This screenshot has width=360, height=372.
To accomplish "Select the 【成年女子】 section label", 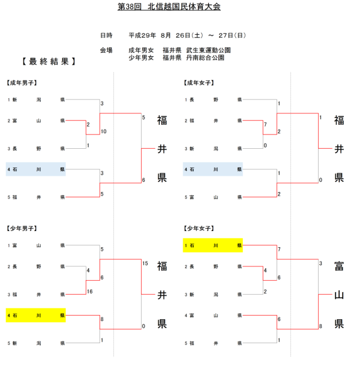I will (x=200, y=82).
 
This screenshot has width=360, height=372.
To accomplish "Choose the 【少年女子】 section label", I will (x=200, y=228).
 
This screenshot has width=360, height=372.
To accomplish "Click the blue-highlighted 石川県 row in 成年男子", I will (x=36, y=169).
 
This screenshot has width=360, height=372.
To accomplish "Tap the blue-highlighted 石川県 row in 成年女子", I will (x=213, y=169).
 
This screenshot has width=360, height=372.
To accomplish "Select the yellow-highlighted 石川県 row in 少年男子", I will (x=36, y=315).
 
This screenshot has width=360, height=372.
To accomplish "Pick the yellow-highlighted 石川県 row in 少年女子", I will (x=213, y=245).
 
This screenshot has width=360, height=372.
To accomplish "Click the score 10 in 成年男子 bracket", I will (x=104, y=131).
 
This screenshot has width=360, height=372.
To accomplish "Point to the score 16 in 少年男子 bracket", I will (x=89, y=291).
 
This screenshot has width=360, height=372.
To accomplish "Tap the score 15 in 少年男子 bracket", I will (x=145, y=263).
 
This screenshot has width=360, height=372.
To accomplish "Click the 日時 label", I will (x=107, y=35).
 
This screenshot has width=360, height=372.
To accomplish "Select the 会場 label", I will (x=107, y=50).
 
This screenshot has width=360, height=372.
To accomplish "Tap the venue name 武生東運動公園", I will (x=208, y=50).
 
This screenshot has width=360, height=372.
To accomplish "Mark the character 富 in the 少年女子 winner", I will (x=339, y=266).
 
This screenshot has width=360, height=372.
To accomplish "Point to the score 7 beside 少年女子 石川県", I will (x=280, y=248).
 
